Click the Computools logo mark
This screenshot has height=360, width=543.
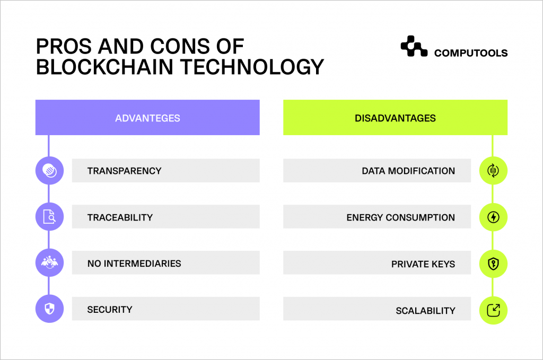click(x=414, y=47)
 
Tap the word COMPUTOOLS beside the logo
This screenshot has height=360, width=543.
click(x=470, y=53)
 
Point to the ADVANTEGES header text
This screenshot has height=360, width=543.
click(x=147, y=118)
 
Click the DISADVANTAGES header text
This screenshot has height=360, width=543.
click(x=395, y=118)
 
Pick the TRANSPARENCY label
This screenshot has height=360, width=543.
click(x=124, y=171)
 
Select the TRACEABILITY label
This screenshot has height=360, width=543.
click(x=120, y=217)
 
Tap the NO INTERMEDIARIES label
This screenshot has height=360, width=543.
click(x=134, y=263)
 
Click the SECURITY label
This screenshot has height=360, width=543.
click(x=110, y=309)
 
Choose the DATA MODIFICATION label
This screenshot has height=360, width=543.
click(x=408, y=171)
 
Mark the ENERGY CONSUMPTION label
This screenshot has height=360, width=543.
click(x=400, y=217)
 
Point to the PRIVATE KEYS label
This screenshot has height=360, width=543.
click(x=423, y=264)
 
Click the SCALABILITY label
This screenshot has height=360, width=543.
click(x=425, y=310)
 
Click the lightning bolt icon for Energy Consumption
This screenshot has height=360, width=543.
click(x=493, y=217)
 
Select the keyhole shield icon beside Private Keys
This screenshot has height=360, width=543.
click(x=493, y=263)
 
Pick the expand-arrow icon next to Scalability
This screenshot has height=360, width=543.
click(x=493, y=310)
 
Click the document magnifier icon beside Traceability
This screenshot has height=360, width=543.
click(x=49, y=217)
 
